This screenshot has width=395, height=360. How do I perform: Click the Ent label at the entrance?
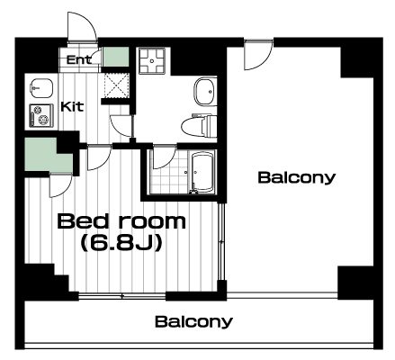pos(78,60)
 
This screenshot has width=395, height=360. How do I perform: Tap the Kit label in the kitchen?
pos(72,106)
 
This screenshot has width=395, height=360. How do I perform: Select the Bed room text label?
pos(121,221)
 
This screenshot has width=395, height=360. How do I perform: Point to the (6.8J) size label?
pos(121,242)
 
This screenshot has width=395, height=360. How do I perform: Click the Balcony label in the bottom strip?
pos(193,321)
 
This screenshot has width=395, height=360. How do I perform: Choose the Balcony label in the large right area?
pos(296,177)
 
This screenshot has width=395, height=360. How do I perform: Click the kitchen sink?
pos(41,88)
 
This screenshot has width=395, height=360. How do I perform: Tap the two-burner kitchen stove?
pos(41,115)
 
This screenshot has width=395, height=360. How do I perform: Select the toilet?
pos(199,125)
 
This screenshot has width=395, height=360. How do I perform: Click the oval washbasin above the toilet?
pos(205,92)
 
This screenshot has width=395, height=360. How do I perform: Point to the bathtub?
pos(202,172)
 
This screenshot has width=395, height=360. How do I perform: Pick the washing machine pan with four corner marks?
pos(152,61)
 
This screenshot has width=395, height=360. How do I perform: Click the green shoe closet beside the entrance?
pos(116,57)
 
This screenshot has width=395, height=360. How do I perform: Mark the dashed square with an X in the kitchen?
pos(117,85)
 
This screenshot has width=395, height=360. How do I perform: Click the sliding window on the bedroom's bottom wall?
pos(122,296)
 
